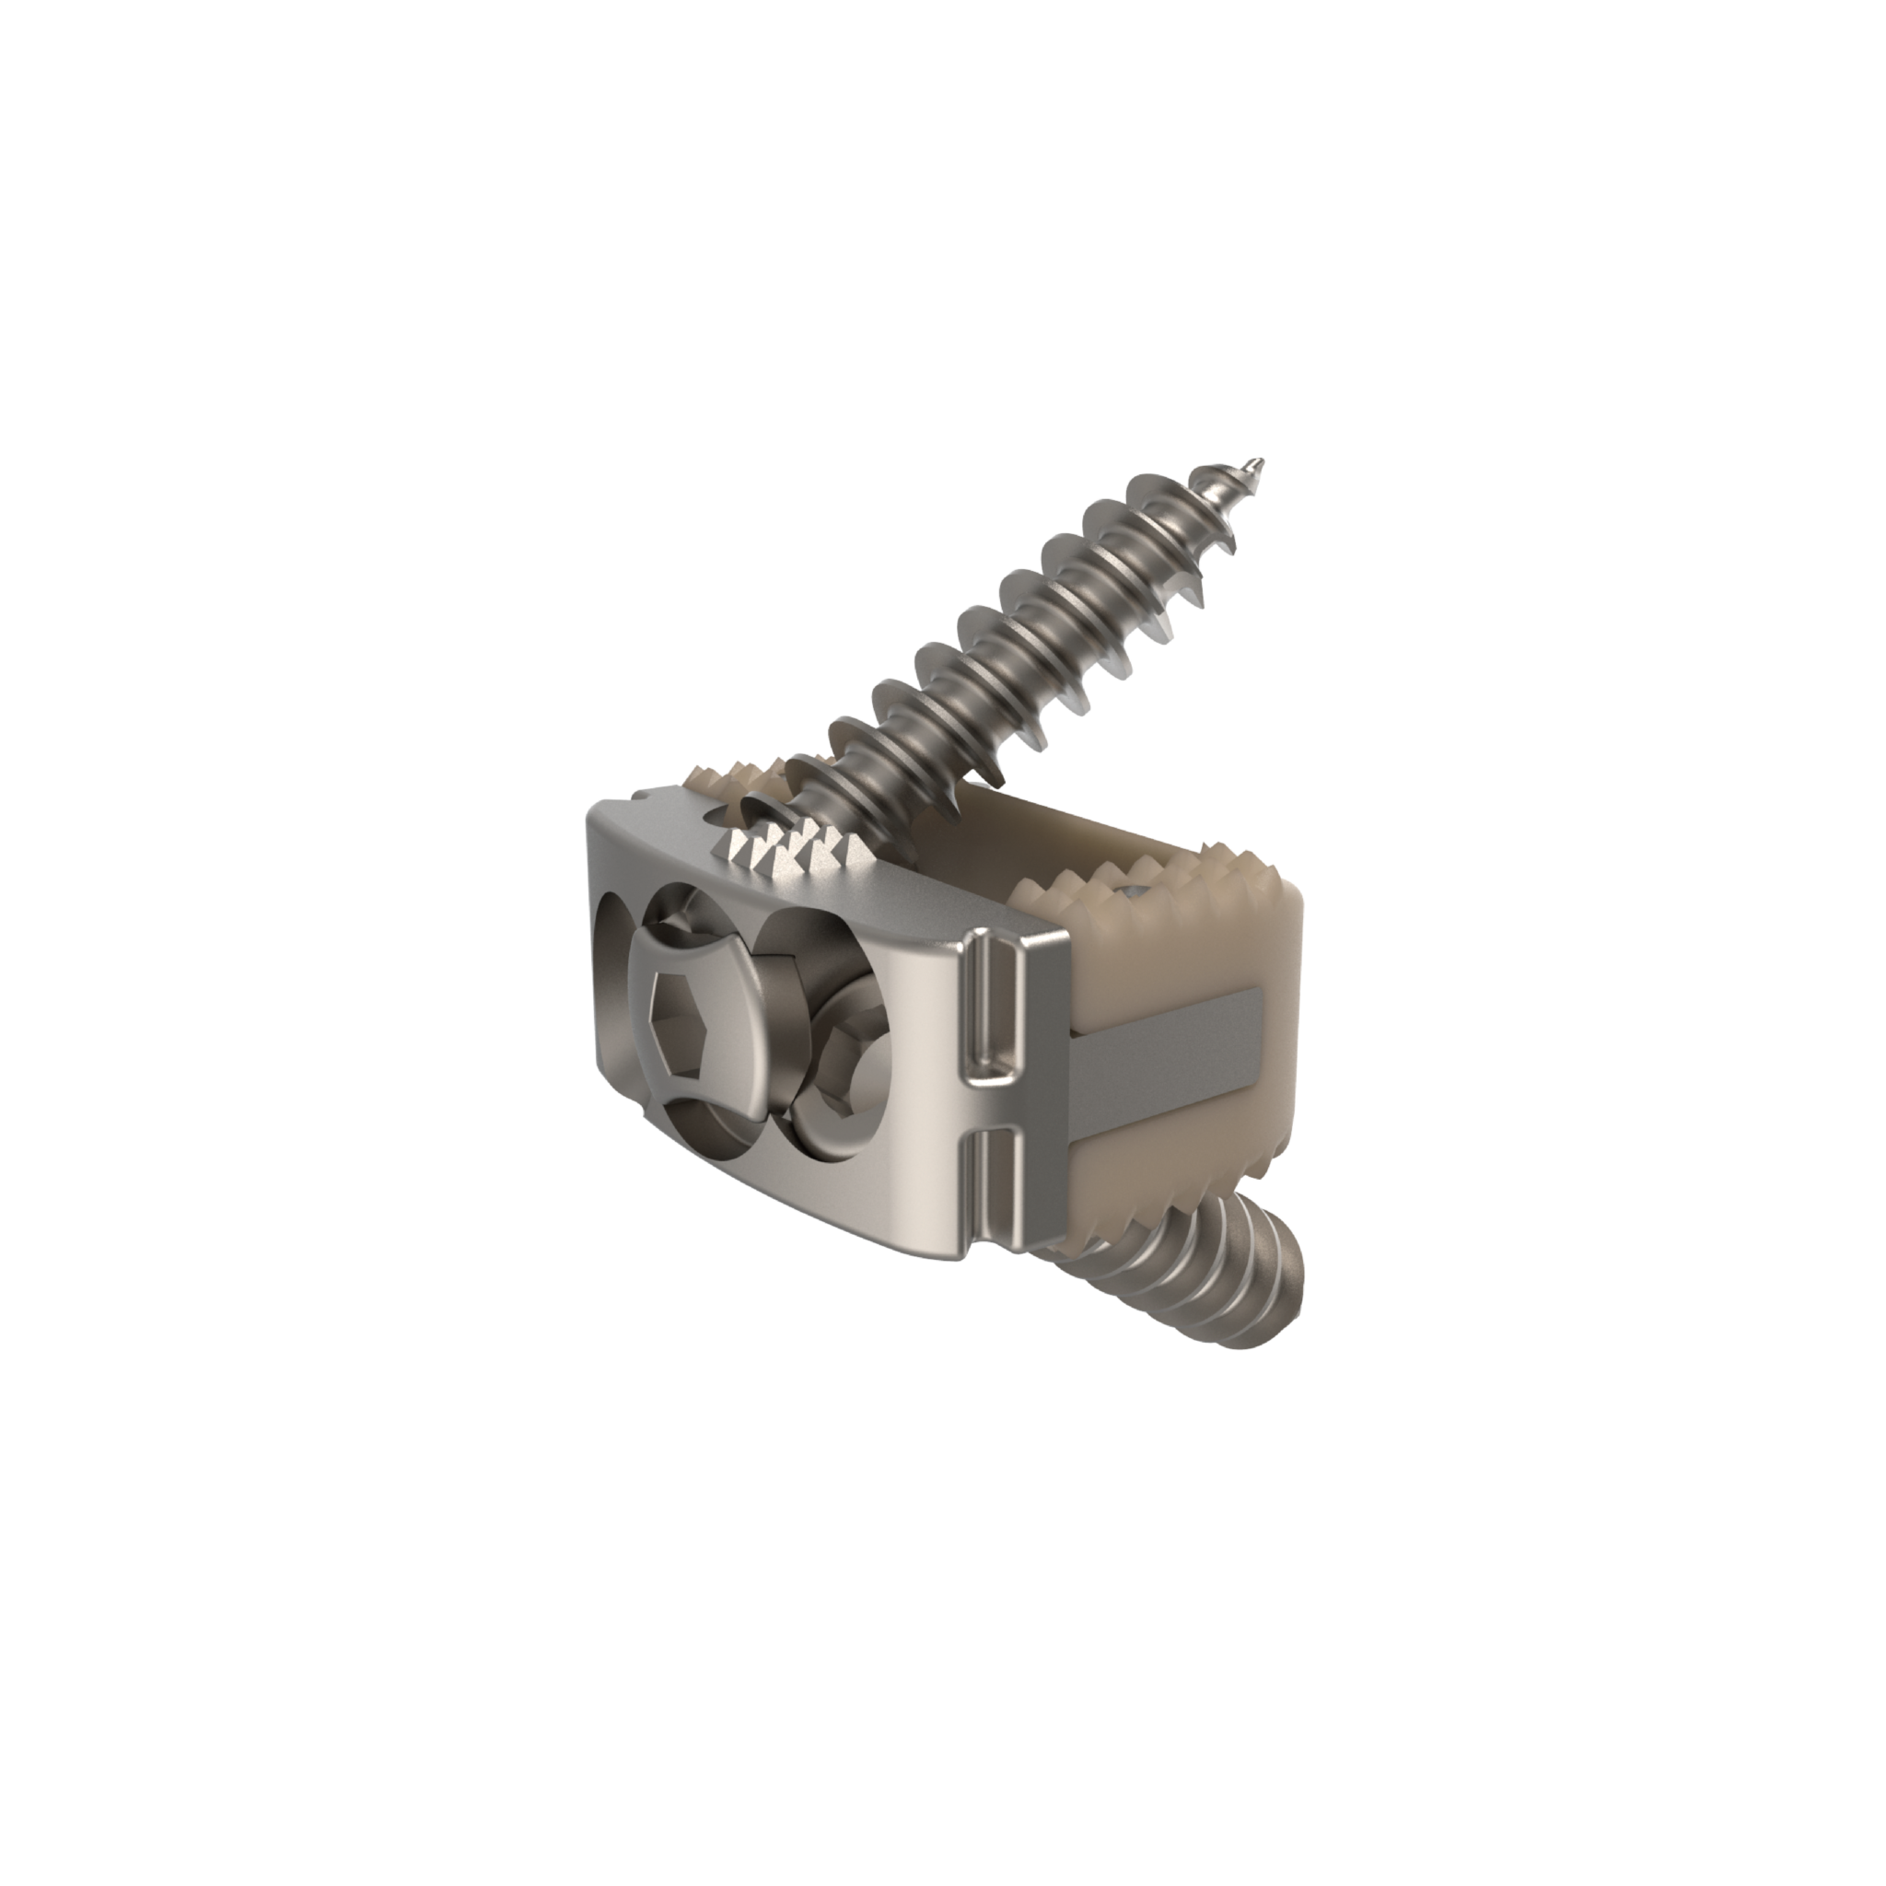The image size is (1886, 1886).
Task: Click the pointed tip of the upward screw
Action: click(1261, 461)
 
